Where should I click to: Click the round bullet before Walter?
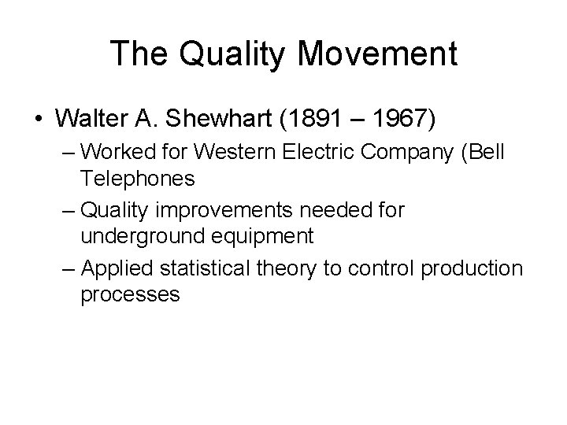pos(39,120)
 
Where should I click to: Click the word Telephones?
pos(137,179)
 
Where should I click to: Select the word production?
pos(472,269)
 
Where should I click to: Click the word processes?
pos(130,294)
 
